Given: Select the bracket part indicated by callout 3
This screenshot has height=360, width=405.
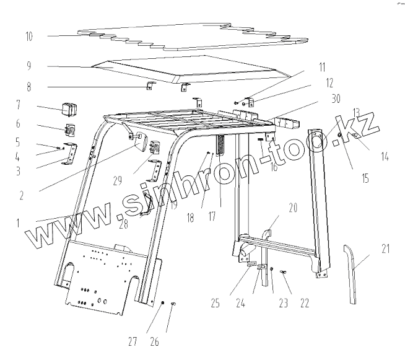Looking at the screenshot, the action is point(70,153).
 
